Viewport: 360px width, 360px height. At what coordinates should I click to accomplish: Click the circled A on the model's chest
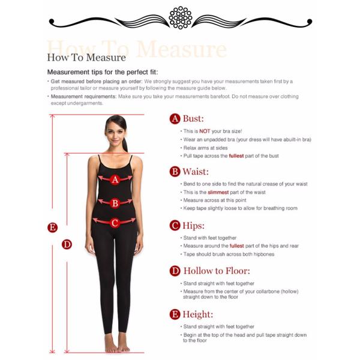pos(115,179)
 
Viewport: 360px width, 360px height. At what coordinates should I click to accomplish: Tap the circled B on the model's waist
pos(115,203)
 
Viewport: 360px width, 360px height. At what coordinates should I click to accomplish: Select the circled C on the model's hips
pos(115,223)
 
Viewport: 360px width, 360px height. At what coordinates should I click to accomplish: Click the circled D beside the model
pos(67,244)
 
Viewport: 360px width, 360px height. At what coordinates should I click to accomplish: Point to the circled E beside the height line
pos(52,227)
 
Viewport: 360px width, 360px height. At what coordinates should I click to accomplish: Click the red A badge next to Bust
pos(175,119)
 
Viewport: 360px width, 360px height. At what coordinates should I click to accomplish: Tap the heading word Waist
pos(196,172)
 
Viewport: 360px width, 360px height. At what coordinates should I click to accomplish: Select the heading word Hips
pos(193,226)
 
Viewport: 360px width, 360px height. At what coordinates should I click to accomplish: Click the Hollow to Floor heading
pos(217,271)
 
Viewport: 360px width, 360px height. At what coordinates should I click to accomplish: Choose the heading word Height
pos(197,314)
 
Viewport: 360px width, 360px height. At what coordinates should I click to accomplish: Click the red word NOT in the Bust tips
pos(205,131)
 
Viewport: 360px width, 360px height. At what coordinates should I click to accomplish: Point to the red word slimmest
pos(218,192)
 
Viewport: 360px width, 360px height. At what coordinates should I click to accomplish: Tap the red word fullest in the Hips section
pos(237,246)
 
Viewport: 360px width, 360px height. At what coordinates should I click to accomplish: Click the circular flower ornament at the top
pos(180,18)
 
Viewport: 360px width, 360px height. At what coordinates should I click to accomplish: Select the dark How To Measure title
pos(86,58)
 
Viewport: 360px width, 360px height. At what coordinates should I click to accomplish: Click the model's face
pos(115,133)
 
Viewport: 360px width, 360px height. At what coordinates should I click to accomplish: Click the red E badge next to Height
pos(175,314)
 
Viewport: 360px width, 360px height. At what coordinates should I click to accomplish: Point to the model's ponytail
pos(125,145)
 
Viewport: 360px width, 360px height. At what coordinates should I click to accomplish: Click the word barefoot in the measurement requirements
pos(220,97)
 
